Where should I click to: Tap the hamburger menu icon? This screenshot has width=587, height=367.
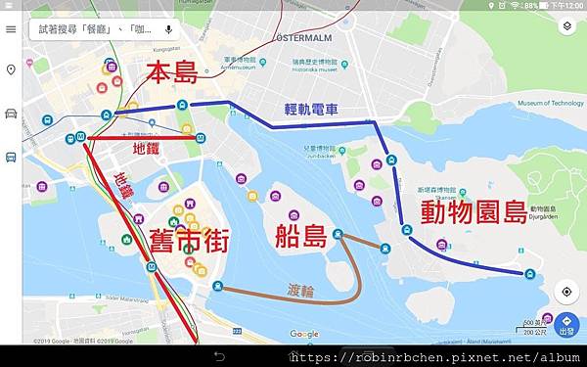pyautogui.click(x=11, y=29)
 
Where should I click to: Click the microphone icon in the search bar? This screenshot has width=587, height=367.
pyautogui.click(x=168, y=29)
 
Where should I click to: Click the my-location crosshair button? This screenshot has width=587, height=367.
pyautogui.click(x=565, y=292)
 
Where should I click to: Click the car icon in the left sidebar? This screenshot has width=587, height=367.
pyautogui.click(x=11, y=113)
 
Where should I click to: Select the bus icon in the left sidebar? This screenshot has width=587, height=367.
pyautogui.click(x=11, y=156)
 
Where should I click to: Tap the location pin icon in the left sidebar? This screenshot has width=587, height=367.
pyautogui.click(x=11, y=70)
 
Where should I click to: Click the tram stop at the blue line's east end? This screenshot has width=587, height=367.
pyautogui.click(x=529, y=274)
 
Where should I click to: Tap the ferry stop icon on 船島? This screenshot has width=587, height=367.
pyautogui.click(x=338, y=234)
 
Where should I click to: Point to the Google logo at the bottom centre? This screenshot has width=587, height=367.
pyautogui.click(x=304, y=334)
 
